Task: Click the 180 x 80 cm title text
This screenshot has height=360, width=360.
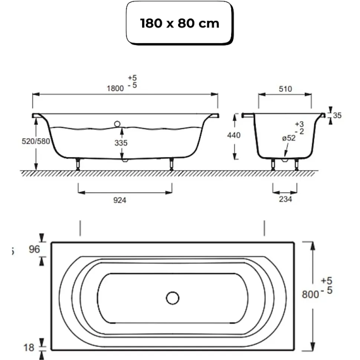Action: [180, 23]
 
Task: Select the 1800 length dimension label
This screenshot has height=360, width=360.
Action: [115, 88]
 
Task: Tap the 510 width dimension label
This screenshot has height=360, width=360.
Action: [285, 89]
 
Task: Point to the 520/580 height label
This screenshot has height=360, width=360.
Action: [36, 141]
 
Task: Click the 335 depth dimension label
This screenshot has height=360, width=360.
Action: [121, 143]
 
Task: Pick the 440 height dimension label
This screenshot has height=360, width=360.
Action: [234, 135]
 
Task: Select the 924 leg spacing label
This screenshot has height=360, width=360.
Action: [120, 201]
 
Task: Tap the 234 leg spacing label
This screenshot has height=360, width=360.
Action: [285, 199]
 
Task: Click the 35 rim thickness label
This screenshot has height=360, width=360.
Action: [337, 115]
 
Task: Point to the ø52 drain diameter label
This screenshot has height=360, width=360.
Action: [289, 138]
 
